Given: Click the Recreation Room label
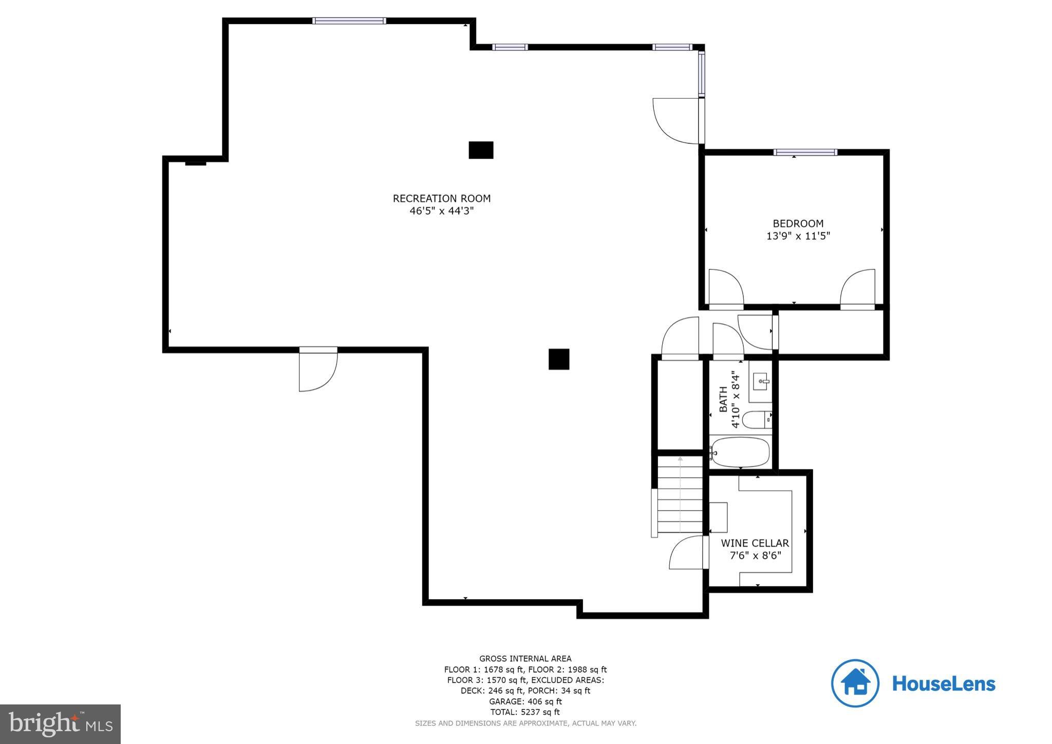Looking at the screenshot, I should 441,198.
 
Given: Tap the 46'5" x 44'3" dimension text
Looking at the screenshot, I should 441,211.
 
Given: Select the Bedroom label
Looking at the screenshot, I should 798,224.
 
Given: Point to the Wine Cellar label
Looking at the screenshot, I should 755,543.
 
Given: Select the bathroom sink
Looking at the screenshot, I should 760,382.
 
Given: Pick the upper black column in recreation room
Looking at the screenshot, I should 481,150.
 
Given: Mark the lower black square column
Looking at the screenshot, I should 558,359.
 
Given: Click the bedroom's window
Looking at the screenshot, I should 805,152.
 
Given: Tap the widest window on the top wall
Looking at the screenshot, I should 349,21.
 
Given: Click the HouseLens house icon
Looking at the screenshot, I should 855,683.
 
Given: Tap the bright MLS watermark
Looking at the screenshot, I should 60,724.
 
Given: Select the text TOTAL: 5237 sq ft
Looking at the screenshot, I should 525,712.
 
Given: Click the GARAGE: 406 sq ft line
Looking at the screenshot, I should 525,701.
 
